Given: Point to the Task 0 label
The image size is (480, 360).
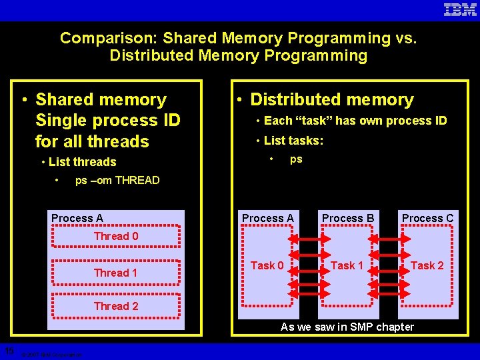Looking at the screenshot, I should pyautogui.click(x=267, y=265).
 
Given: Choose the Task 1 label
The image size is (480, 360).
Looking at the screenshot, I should pyautogui.click(x=347, y=265).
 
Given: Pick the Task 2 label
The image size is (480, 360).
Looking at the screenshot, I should pyautogui.click(x=427, y=265).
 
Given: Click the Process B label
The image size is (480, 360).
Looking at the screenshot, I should pyautogui.click(x=348, y=218).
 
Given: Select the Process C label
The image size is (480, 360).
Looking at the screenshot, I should pyautogui.click(x=427, y=218).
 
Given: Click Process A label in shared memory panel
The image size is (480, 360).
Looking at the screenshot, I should pyautogui.click(x=77, y=218).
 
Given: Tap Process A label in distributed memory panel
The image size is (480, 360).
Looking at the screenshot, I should pyautogui.click(x=267, y=218).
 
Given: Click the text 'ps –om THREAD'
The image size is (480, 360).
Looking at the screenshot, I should pyautogui.click(x=117, y=180).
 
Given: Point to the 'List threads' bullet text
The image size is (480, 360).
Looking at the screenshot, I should pyautogui.click(x=83, y=162).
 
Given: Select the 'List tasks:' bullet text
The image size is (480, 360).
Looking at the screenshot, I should pyautogui.click(x=293, y=141).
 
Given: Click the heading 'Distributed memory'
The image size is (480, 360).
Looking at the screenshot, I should pyautogui.click(x=332, y=100).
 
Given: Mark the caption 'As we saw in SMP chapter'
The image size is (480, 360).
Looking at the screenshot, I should pyautogui.click(x=347, y=327).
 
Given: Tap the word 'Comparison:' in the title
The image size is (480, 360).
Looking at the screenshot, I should pyautogui.click(x=109, y=38).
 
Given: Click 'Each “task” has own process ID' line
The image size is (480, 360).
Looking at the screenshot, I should pyautogui.click(x=355, y=121).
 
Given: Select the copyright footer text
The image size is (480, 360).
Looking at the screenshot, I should pyautogui.click(x=51, y=355).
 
